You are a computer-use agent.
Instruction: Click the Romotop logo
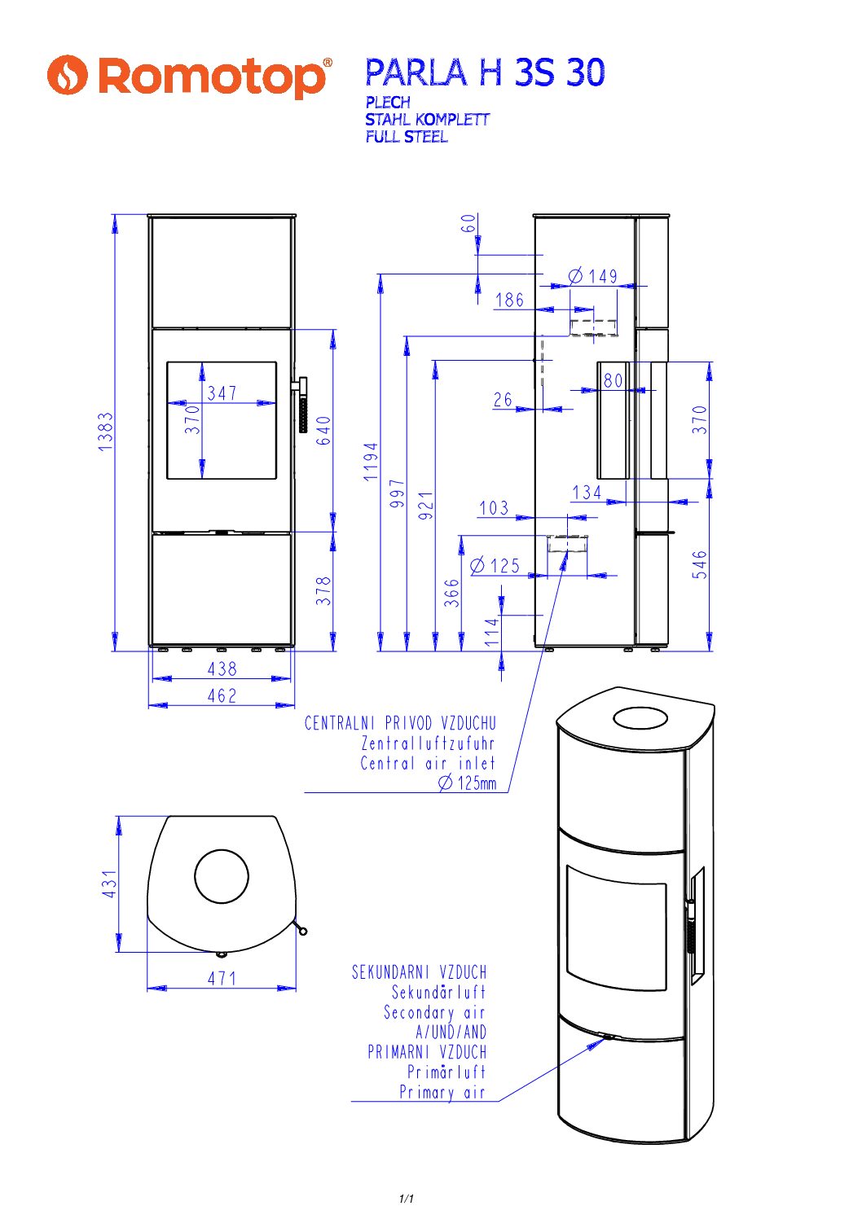point(189,76)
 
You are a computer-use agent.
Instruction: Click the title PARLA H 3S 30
point(485,73)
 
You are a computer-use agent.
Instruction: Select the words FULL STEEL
point(406,137)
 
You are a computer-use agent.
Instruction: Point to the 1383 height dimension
point(106,432)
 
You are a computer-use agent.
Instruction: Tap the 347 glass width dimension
point(222,393)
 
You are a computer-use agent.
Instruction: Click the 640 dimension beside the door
point(323,430)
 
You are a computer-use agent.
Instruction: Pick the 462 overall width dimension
point(222,696)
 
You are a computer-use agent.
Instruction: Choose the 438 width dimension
point(222,669)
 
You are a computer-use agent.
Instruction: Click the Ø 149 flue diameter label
point(593,277)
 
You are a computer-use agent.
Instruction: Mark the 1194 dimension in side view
point(371,461)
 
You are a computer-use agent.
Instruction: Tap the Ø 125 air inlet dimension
point(495,566)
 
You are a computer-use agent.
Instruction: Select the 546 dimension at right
point(700,564)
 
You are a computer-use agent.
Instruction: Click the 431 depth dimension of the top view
point(109,884)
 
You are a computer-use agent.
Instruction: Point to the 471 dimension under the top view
point(222,978)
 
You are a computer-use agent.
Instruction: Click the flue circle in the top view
point(222,876)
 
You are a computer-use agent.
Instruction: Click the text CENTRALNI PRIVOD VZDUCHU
point(400,723)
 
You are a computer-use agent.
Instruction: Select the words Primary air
point(442,1093)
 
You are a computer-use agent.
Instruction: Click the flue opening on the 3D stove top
point(640,717)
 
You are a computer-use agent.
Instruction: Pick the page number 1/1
point(407,1199)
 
